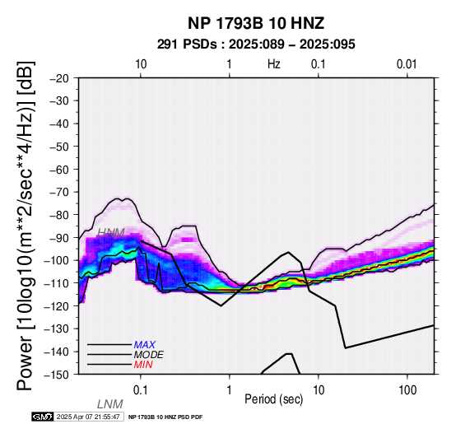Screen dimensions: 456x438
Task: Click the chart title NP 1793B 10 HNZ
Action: coord(256,23)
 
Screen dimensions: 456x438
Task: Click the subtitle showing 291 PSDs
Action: coord(256,44)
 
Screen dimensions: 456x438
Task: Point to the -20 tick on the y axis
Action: coord(59,78)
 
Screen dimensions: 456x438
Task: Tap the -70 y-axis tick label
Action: coord(59,192)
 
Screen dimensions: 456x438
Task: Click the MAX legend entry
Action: coord(145,345)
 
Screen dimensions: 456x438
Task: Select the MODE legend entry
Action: coord(149,355)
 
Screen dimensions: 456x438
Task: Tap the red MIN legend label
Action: coord(143,365)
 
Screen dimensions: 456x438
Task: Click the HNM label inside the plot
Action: coord(111,233)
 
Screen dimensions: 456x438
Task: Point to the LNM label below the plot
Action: coord(110,404)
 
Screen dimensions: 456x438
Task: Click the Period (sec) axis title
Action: coord(273,399)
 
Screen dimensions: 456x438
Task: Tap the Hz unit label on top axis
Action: coord(274,64)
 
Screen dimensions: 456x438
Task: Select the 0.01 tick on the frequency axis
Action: coord(407,64)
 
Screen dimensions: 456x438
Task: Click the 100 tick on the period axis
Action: coord(407,390)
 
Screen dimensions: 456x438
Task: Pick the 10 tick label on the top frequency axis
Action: coord(141,64)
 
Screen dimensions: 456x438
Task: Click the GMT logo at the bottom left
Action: coord(43,417)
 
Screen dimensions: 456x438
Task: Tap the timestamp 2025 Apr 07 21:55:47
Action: coord(88,417)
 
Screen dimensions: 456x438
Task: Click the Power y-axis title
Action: coord(26,226)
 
